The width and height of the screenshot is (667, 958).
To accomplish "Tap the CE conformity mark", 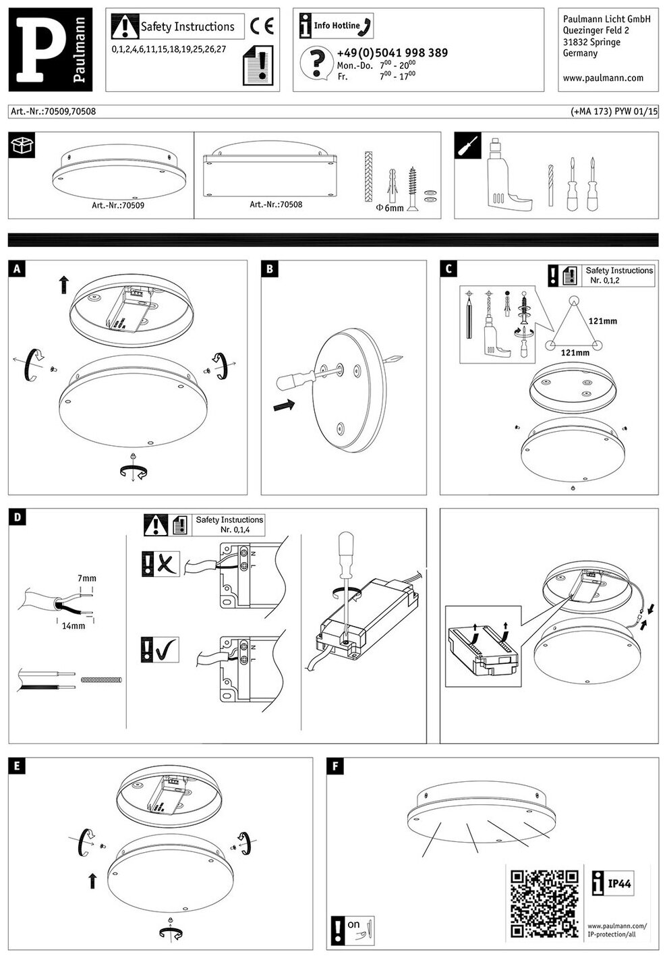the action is [x=262, y=26].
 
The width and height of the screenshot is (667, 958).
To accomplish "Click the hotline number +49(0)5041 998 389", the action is [x=392, y=53].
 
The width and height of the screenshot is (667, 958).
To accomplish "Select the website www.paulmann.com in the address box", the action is [x=603, y=78].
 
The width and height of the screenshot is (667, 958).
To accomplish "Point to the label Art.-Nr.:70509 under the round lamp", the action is [x=118, y=205].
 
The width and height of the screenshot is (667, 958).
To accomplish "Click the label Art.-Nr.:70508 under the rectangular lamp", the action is [x=276, y=204].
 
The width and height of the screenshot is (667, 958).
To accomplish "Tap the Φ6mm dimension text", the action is [x=390, y=208].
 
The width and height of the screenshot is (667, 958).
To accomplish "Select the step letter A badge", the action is [x=17, y=269].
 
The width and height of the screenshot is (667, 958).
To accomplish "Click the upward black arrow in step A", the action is [x=63, y=285].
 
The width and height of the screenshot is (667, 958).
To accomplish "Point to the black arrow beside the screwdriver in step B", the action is [x=284, y=405].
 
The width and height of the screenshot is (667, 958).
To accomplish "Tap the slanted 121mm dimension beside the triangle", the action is [x=602, y=320].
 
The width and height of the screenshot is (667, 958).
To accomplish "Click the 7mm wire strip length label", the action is [x=87, y=578].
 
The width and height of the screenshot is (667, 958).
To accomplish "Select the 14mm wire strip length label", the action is [x=73, y=625].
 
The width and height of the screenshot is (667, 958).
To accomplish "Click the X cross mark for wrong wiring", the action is [x=167, y=564].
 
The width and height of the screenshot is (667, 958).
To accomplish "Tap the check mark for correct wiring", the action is [x=167, y=650].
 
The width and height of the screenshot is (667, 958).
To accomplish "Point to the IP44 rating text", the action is [x=619, y=883].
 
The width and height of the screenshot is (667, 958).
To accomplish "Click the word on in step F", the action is [x=353, y=924].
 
